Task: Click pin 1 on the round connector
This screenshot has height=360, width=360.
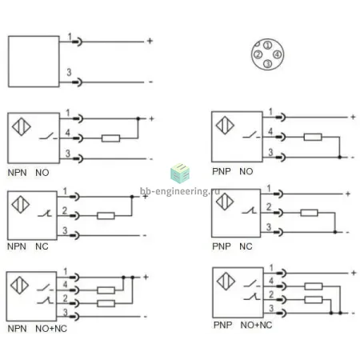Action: [x=268, y=45]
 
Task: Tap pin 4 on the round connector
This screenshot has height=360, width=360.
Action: [x=278, y=54]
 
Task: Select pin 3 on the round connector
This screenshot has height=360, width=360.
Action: [x=267, y=64]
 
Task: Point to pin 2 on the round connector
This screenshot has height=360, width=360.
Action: [x=258, y=54]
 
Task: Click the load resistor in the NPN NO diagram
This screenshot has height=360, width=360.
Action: [x=110, y=138]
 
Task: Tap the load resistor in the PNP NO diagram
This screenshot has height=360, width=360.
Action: [x=313, y=137]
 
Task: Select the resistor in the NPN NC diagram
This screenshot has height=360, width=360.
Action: [x=106, y=215]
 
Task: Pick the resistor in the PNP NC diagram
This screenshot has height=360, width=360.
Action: [x=309, y=213]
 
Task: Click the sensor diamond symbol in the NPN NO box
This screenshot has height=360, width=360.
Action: [x=22, y=126]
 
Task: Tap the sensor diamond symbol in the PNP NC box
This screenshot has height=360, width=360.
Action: [x=225, y=202]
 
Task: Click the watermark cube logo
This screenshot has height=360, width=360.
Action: [x=180, y=174]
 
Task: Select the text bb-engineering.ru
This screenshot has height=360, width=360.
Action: [x=180, y=191]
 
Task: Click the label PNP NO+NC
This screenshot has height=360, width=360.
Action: [x=242, y=325]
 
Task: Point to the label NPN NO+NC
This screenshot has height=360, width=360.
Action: [x=38, y=329]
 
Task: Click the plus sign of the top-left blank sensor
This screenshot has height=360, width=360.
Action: [x=150, y=41]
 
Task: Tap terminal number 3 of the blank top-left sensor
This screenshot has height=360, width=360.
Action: [x=69, y=72]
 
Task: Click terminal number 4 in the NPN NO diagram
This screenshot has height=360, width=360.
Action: [x=68, y=132]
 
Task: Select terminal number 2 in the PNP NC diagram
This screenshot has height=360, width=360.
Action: [x=269, y=206]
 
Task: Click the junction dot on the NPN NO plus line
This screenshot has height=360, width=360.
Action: [x=138, y=118]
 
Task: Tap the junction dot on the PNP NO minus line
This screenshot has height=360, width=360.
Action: [x=339, y=158]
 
